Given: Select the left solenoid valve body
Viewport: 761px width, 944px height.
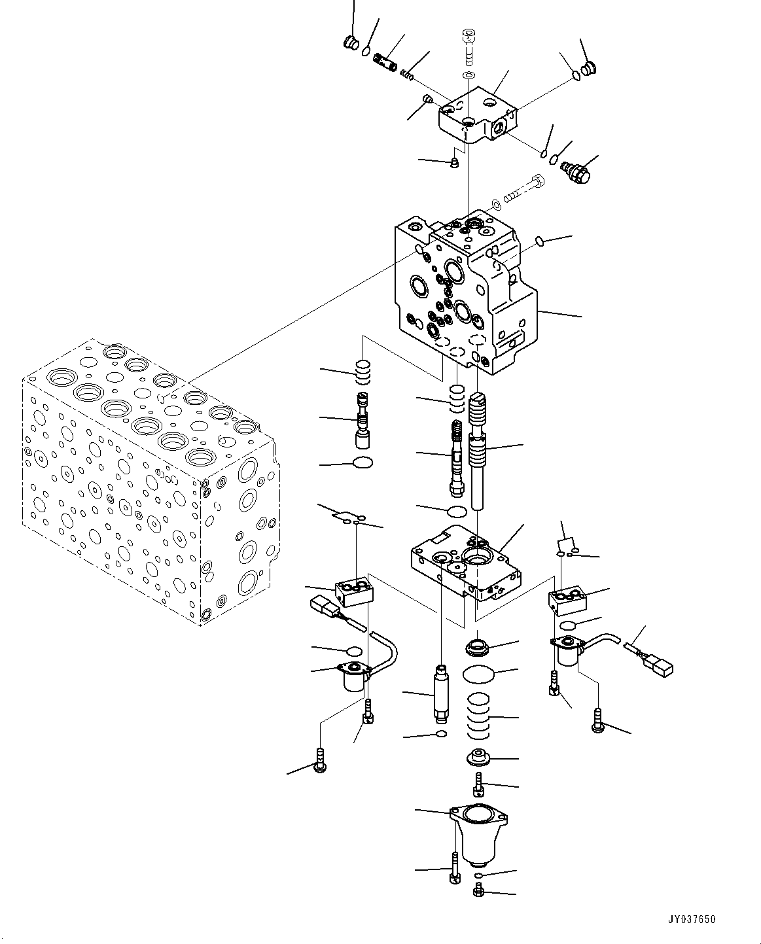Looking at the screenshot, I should pyautogui.click(x=354, y=678).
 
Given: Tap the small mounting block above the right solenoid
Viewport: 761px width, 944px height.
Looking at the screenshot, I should pyautogui.click(x=567, y=601).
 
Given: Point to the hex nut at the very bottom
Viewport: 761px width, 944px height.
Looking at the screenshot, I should pyautogui.click(x=479, y=890).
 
